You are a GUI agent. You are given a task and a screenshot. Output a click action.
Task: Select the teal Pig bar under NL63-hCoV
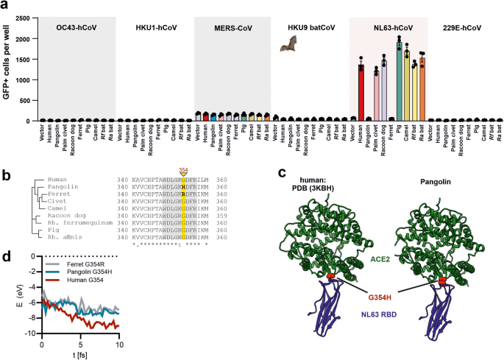point(400,82)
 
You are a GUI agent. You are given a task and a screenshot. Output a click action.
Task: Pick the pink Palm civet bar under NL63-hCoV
point(377,96)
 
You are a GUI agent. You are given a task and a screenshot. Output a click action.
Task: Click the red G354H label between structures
point(369,297)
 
